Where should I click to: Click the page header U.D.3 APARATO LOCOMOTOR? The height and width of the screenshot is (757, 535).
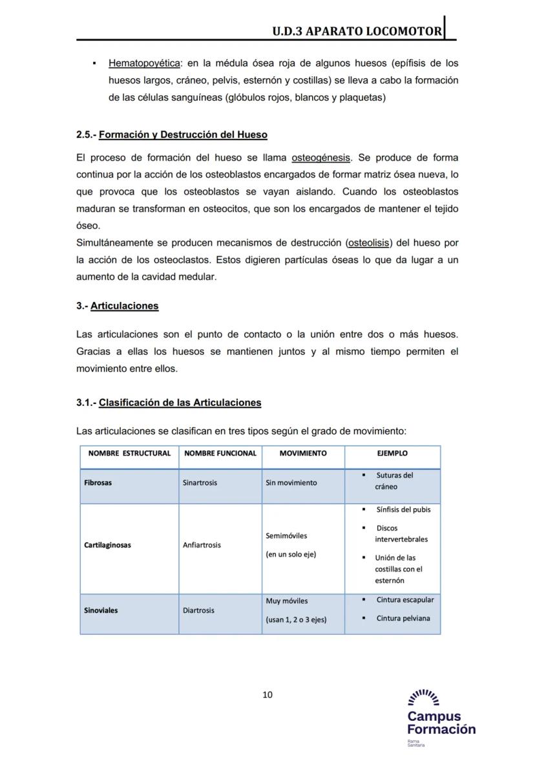[357, 30]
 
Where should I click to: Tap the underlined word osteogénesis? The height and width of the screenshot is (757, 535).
[320, 158]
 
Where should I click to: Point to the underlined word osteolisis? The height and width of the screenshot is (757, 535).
[369, 243]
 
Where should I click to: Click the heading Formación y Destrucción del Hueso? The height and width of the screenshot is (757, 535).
[183, 135]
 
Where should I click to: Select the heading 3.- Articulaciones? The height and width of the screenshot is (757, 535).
[117, 306]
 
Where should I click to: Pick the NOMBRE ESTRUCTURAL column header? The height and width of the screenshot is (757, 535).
[129, 454]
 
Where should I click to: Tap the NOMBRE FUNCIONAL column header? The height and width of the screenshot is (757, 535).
[220, 454]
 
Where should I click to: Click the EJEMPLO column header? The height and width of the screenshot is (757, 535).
[392, 454]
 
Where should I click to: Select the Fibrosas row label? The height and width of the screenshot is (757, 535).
[98, 483]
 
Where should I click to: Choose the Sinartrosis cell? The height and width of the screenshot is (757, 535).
[200, 483]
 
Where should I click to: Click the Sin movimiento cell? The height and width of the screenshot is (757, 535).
[291, 483]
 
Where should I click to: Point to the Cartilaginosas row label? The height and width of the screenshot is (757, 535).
[107, 545]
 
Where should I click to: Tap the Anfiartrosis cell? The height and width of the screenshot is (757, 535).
[202, 545]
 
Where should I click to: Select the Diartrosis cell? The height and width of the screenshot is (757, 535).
[198, 610]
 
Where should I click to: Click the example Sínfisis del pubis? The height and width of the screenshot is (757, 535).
[403, 509]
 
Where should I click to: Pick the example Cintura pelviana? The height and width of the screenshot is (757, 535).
[403, 619]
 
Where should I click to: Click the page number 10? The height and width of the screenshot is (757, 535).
[267, 695]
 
